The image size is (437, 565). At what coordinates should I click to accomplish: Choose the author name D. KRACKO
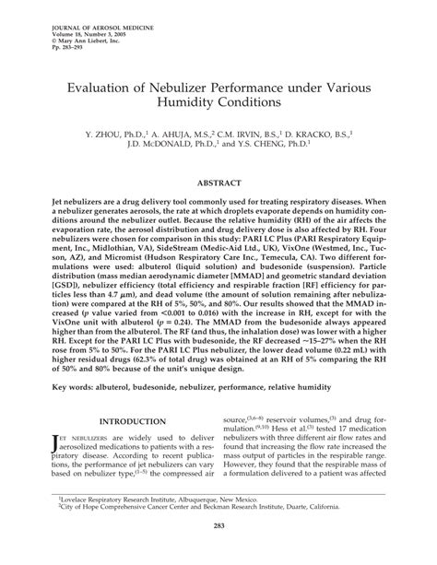333,133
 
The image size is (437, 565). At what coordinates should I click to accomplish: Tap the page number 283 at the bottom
218,551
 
